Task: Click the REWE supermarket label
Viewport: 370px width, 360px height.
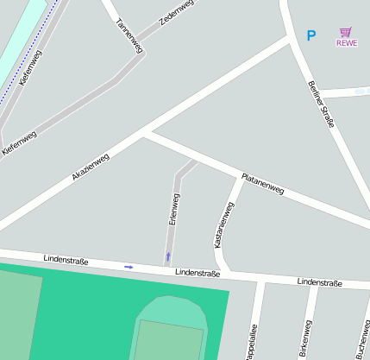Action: pos(347,43)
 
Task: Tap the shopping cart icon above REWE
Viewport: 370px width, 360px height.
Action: pos(347,32)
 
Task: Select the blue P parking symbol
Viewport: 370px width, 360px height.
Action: pos(311,36)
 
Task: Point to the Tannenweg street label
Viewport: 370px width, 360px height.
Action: pos(128,35)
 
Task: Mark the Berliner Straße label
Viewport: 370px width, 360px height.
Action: pos(320,104)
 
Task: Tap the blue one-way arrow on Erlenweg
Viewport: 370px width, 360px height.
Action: pos(168,256)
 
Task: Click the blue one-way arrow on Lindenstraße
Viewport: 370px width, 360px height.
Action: pos(129,267)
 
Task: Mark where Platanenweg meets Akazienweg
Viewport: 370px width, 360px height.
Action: pos(145,134)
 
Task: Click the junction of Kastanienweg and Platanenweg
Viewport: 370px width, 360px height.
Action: pos(239,178)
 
